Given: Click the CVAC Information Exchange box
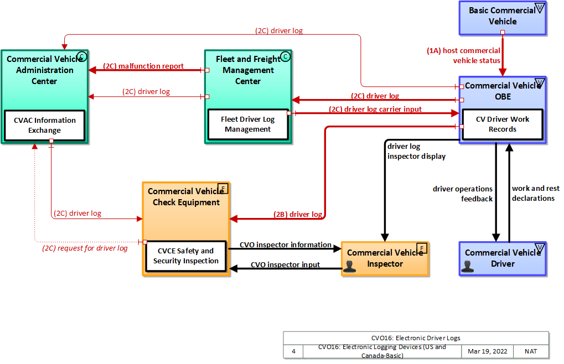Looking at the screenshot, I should [x=44, y=126].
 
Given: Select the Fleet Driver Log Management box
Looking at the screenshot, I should [x=247, y=124].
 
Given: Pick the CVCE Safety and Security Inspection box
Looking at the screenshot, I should [x=185, y=256].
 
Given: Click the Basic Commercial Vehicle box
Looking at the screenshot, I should [x=502, y=16].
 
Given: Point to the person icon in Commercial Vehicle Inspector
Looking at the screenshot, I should [x=349, y=266].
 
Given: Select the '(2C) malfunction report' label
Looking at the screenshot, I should [x=143, y=66].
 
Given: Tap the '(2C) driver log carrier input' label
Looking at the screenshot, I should [x=375, y=109].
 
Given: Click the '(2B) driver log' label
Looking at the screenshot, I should [x=298, y=214].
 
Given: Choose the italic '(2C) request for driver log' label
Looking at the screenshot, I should [x=85, y=248].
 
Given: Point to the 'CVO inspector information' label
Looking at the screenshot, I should [x=285, y=245].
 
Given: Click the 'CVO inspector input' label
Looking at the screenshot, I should [x=285, y=264].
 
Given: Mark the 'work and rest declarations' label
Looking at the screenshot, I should [x=535, y=193].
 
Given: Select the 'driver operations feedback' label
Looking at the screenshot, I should [x=463, y=194].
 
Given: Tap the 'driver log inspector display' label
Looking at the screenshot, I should [x=416, y=151].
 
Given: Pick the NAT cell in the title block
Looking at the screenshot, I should [x=529, y=351].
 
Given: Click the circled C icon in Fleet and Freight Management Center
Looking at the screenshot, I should [x=285, y=56].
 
